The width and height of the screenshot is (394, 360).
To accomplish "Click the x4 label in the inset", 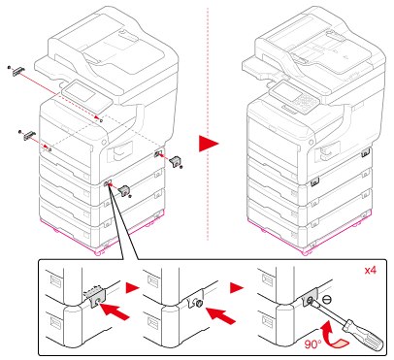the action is coord(371,270).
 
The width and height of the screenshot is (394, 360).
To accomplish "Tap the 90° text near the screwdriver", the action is coord(312,344).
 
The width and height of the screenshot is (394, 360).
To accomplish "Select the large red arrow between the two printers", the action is coord(209,144).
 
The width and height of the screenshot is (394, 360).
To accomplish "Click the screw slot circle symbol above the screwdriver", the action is coord(327,300).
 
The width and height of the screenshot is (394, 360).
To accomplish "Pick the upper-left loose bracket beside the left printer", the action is coord(17,71).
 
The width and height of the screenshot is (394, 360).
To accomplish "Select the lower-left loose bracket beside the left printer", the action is coord(28,135).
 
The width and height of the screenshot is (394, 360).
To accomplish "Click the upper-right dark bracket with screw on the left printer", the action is coord(177,162).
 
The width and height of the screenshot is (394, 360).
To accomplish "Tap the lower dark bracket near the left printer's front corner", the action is coord(124,191).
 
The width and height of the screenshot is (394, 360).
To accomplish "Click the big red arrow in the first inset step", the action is coord(115,311).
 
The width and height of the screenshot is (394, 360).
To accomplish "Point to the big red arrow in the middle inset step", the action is coord(220,314).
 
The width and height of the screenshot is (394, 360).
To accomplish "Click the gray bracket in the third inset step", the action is coord(310,298).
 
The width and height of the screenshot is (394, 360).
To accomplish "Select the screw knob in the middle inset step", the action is coord(198,303).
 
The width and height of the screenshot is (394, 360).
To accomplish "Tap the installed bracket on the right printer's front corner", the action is coord(314,182).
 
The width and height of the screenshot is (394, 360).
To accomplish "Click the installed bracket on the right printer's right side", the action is coord(366,152).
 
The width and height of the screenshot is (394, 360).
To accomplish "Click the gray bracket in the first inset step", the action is coord(97,298).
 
